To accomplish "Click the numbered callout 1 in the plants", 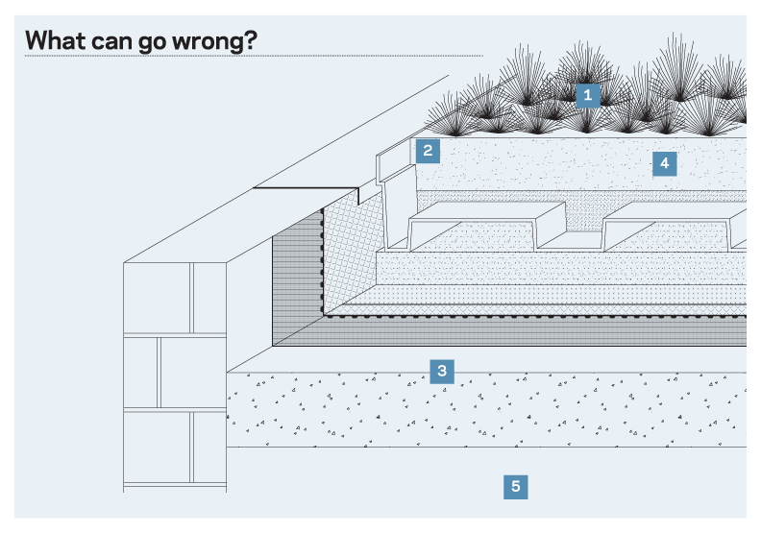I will [587, 95].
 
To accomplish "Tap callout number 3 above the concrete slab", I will [441, 371].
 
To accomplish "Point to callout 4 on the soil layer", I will [663, 163].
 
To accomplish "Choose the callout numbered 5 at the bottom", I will [516, 487].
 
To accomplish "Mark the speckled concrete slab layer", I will [480, 413].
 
